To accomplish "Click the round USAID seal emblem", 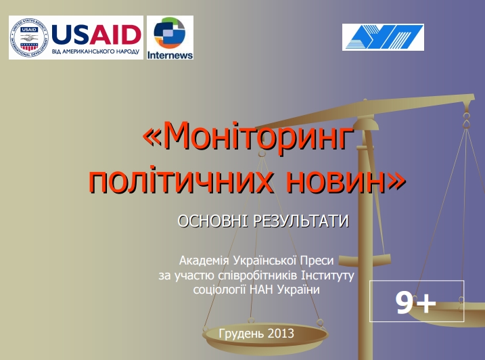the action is click(29, 37).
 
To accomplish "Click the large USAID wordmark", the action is click(96, 35).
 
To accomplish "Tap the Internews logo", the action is click(170, 37).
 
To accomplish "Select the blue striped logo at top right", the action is click(383, 37).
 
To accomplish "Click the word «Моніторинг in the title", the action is click(248, 137).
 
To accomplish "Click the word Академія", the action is click(204, 261).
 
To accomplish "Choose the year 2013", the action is click(281, 334).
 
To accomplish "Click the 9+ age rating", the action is click(416, 302).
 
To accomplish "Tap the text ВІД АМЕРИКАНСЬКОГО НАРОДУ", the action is click(95, 51).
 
